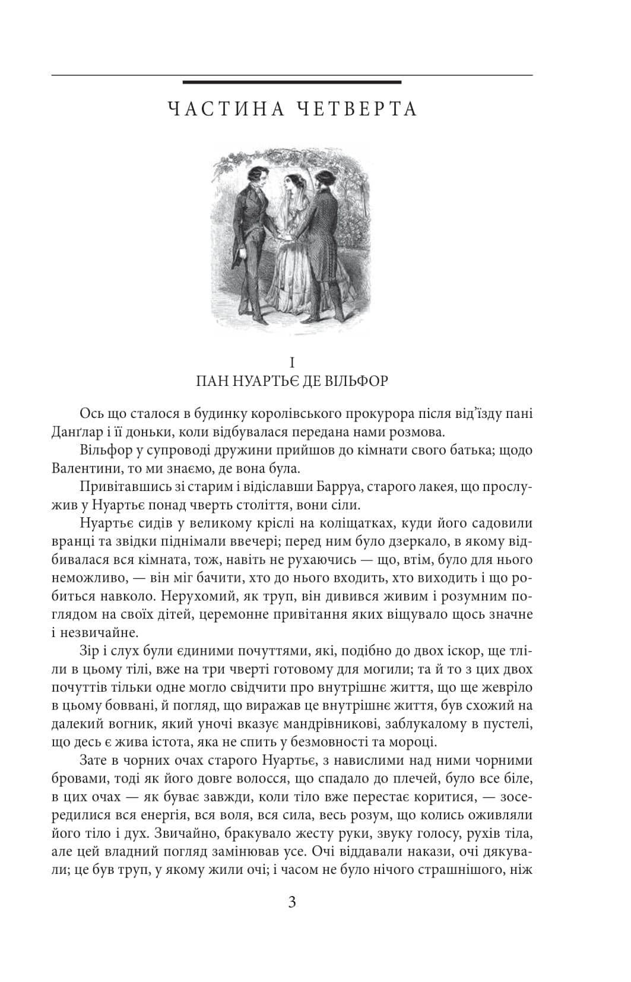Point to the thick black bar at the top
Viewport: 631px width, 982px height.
point(291,82)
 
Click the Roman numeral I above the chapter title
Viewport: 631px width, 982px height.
point(291,363)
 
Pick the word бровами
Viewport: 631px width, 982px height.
point(77,778)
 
